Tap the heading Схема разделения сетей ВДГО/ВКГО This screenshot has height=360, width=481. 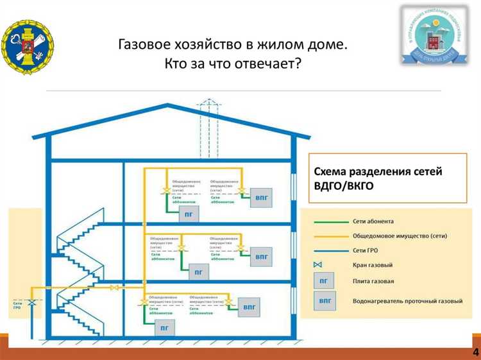tap(378, 178)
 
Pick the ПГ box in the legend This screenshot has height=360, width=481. tap(326, 281)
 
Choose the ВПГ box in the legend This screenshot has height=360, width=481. tap(326, 300)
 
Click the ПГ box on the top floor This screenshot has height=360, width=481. tap(190, 214)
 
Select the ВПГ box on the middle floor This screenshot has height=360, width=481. tap(262, 257)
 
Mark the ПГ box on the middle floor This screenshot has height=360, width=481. tap(198, 272)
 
